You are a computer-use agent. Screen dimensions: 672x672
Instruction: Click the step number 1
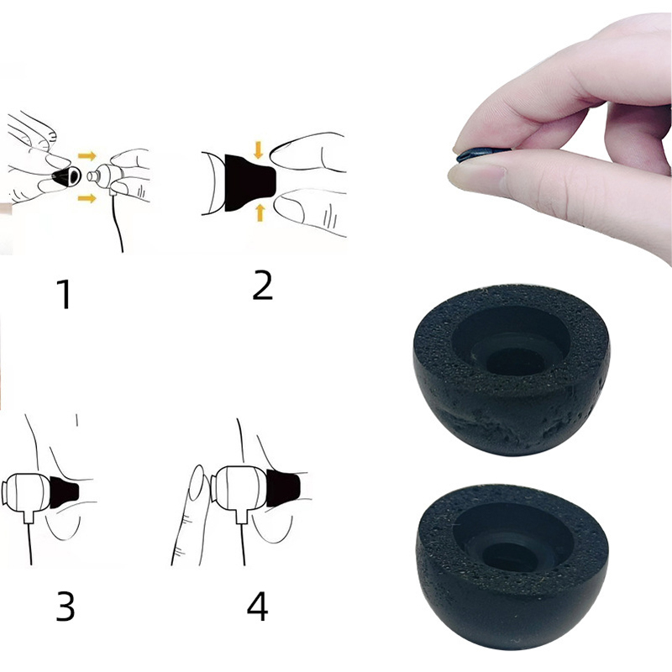[65, 293]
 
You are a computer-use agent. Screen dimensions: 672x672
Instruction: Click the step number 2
[262, 285]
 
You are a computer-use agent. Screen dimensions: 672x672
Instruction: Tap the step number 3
[66, 606]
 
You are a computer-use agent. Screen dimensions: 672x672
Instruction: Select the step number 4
[258, 606]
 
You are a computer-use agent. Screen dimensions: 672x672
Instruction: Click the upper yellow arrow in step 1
[87, 155]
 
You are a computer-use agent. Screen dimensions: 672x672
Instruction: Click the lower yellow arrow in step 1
[87, 198]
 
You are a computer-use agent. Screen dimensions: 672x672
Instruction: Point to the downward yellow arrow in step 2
[258, 150]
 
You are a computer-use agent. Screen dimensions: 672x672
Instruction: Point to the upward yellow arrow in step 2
[260, 213]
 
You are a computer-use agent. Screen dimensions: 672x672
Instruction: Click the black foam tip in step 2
[249, 182]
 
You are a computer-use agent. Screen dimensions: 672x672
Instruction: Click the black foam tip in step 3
[65, 491]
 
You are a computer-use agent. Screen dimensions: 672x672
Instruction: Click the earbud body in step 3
[27, 493]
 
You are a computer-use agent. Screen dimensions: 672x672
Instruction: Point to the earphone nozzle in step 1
[93, 176]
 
